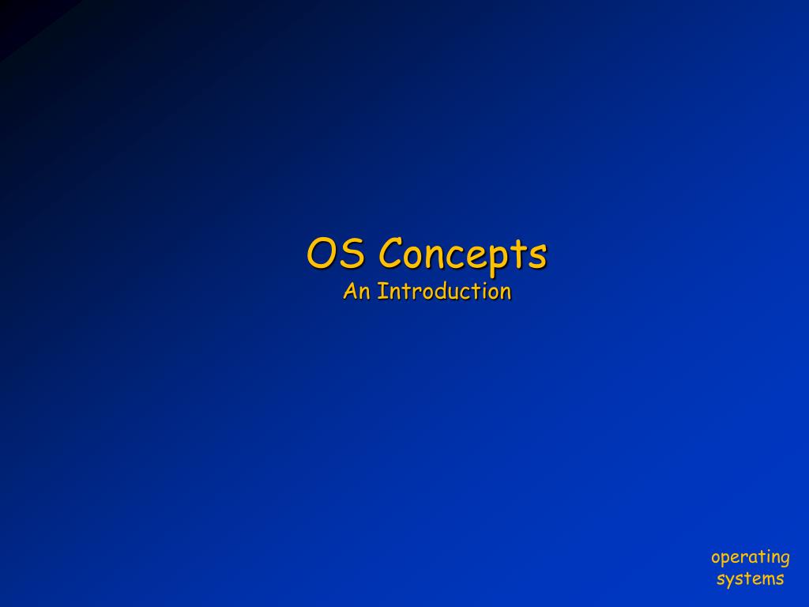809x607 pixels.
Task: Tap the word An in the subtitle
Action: pos(356,292)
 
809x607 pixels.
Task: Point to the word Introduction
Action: pos(444,292)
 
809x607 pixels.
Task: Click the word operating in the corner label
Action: pos(750,558)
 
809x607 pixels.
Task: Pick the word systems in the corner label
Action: pos(750,579)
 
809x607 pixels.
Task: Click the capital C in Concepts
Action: pos(391,254)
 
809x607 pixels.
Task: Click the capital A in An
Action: pos(351,292)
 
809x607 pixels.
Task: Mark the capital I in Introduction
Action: pos(381,292)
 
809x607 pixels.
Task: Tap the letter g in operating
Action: pos(783,560)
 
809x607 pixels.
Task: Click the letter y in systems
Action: pos(732,582)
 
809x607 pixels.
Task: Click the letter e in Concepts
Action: pos(484,256)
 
